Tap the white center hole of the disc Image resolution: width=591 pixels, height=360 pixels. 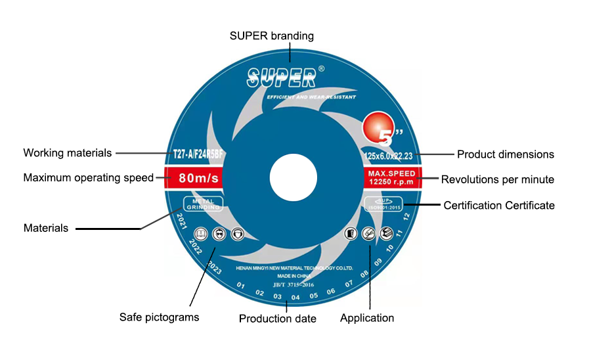(x=294, y=177)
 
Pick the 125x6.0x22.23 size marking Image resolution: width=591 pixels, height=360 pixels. (x=390, y=156)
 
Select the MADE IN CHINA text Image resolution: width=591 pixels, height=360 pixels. (x=293, y=277)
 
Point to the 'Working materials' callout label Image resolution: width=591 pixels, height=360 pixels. (x=68, y=153)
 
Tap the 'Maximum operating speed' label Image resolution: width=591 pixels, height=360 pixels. (x=89, y=177)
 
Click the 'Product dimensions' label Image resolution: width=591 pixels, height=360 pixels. (x=506, y=155)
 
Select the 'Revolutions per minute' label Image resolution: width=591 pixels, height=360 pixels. (x=498, y=179)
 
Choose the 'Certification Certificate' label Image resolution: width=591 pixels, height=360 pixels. (x=499, y=206)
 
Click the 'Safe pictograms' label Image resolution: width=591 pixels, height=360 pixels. (x=159, y=317)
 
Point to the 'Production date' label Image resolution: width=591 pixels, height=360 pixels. (x=278, y=319)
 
